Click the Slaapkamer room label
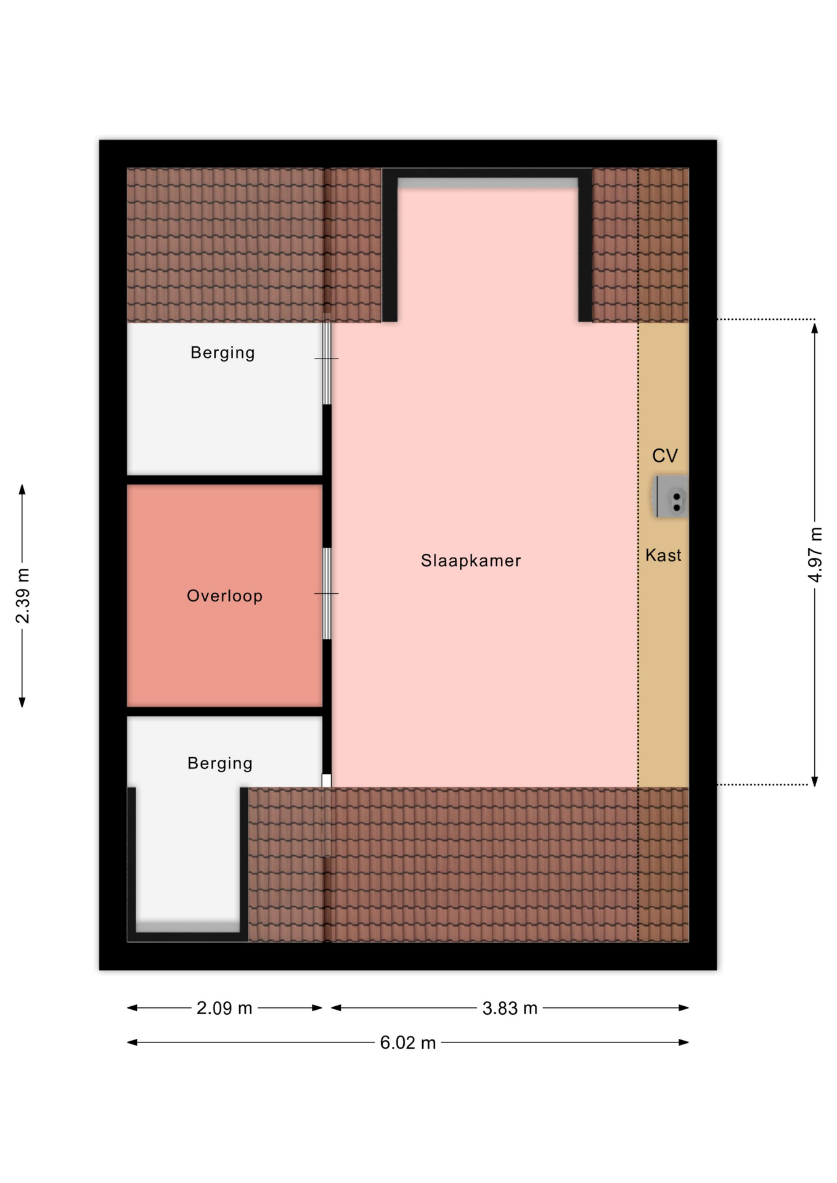(471, 561)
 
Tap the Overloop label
(225, 596)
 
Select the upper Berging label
(223, 353)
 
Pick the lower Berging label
(220, 764)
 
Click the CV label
(665, 456)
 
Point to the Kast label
(663, 555)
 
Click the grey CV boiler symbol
(670, 497)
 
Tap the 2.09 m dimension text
(224, 1009)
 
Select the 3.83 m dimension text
(510, 1009)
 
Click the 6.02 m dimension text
(408, 1043)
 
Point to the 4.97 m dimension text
(815, 555)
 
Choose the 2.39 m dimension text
(23, 596)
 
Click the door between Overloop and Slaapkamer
(327, 593)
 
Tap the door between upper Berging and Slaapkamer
(327, 359)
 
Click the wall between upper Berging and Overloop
(225, 479)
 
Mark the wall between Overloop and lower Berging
(225, 712)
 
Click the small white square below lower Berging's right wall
(327, 781)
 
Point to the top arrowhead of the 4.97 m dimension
(815, 328)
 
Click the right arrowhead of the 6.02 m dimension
(683, 1043)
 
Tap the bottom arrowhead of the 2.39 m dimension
(22, 702)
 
